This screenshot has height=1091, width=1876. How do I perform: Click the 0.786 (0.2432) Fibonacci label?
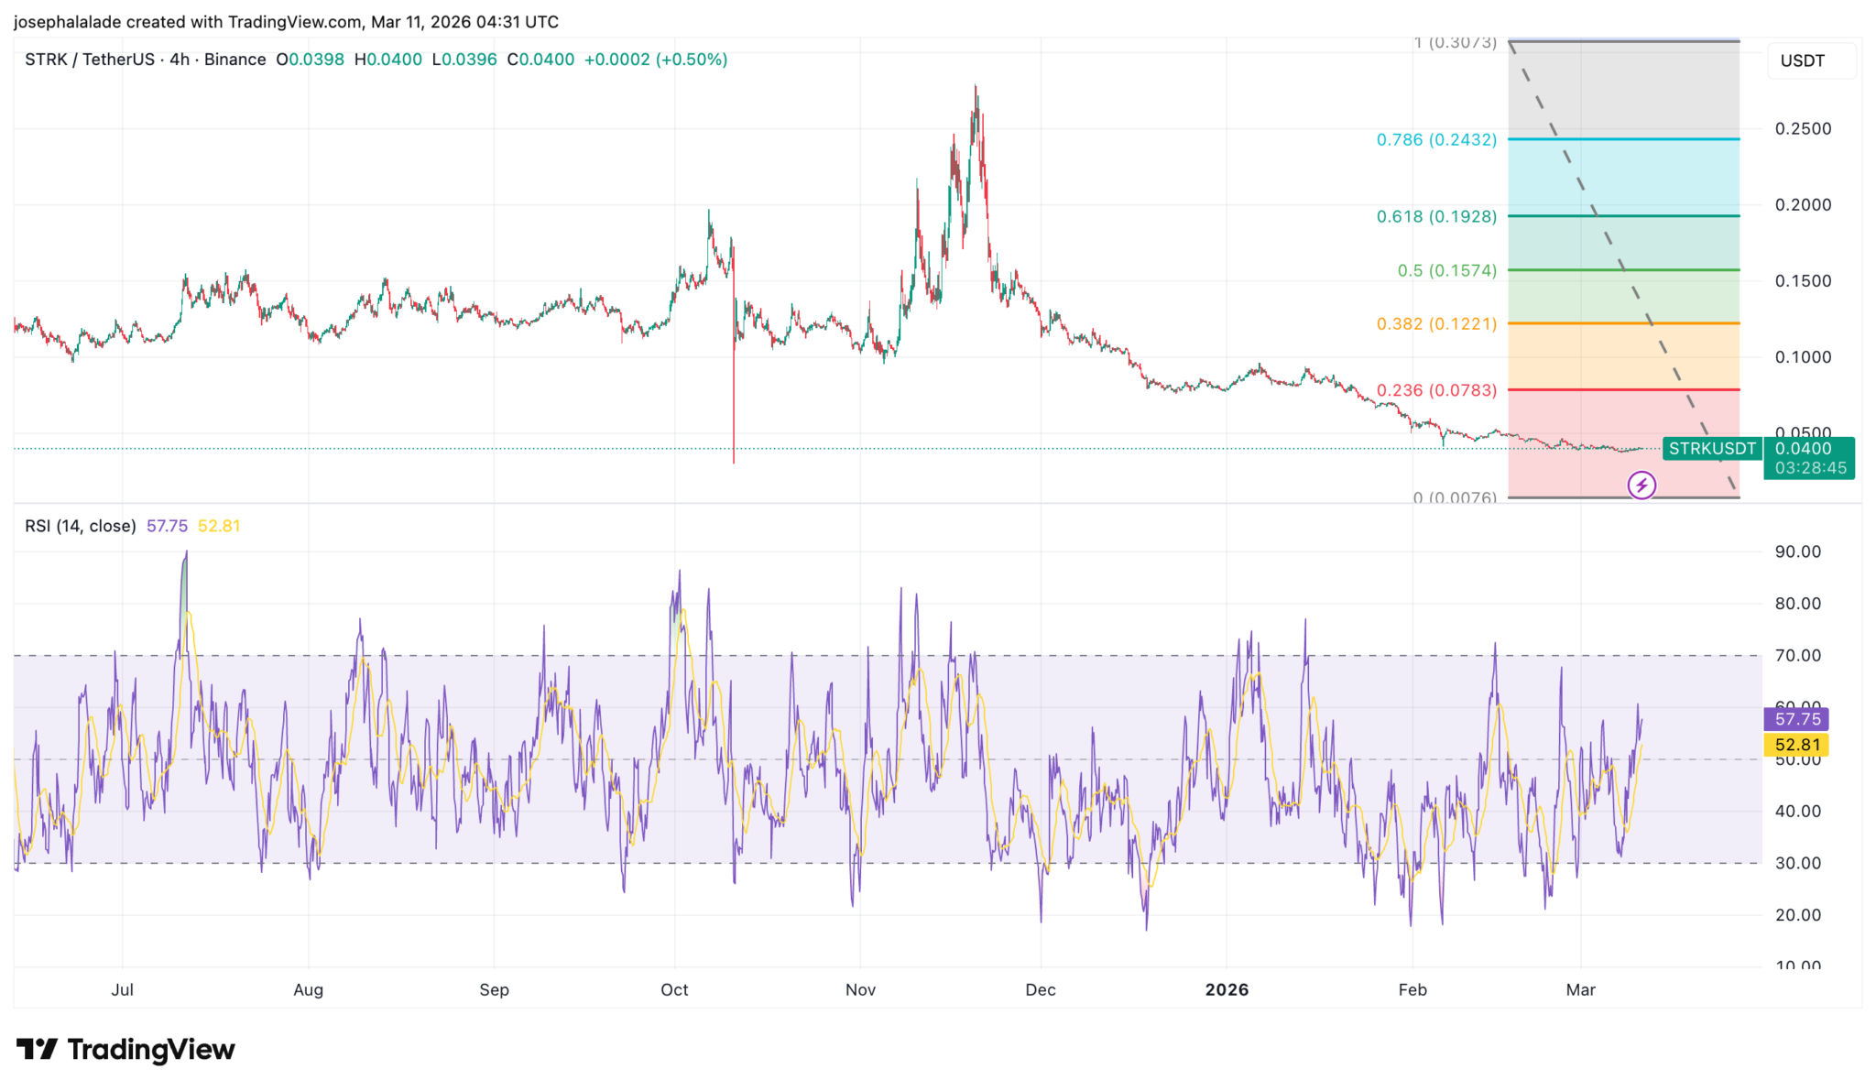pos(1435,140)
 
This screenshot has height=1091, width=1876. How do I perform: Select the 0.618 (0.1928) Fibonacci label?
pos(1435,217)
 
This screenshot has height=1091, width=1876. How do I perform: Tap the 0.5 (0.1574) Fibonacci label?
pos(1446,271)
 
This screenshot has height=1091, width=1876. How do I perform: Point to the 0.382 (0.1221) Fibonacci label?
pos(1435,324)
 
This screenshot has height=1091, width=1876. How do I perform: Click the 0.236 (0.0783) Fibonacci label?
pos(1435,390)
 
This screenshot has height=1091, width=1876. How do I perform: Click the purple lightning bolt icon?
pos(1641,485)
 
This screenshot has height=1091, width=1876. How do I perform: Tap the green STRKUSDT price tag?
pos(1711,449)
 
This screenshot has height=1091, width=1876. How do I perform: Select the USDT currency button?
pos(1802,61)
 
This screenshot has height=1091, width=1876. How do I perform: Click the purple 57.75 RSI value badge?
pos(1796,719)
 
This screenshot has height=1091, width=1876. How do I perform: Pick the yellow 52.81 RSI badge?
pos(1796,745)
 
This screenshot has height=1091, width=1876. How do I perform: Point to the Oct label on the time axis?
pos(674,989)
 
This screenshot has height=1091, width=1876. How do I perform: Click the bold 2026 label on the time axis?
pos(1227,989)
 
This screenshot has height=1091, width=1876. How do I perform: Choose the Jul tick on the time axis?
pos(122,989)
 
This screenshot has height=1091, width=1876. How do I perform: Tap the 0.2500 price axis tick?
pos(1803,129)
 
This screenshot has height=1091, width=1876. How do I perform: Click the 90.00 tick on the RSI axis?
pos(1797,551)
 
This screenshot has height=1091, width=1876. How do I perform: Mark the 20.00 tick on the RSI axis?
pos(1797,915)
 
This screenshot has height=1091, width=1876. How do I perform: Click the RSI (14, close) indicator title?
pos(81,526)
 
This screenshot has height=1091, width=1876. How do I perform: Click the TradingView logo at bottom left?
pos(125,1049)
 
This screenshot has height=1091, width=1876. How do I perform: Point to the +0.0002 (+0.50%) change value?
pos(655,60)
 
